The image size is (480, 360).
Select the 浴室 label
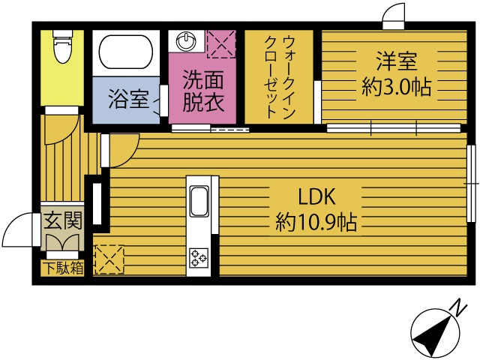pyautogui.click(x=128, y=99)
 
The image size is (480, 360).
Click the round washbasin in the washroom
pyautogui.click(x=184, y=40)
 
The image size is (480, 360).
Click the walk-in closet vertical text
pyautogui.click(x=280, y=76)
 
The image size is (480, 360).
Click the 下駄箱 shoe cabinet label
pyautogui.click(x=61, y=268)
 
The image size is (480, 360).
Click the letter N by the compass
pyautogui.click(x=456, y=307)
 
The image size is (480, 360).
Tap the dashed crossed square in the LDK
pyautogui.click(x=109, y=259)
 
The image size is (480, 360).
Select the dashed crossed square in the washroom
pyautogui.click(x=221, y=43)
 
